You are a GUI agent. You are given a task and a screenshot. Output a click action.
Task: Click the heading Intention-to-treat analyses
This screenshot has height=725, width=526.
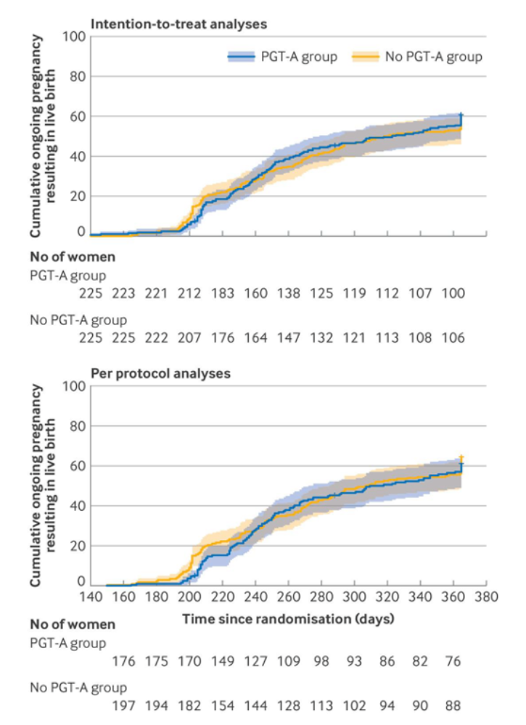tap(178, 23)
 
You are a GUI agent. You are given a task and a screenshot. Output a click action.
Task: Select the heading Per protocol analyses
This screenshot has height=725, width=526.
tap(160, 374)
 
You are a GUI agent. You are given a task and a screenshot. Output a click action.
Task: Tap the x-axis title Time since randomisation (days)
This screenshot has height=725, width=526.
tap(288, 619)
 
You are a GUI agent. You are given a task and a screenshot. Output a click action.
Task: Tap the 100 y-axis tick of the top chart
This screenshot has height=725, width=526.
tap(75, 37)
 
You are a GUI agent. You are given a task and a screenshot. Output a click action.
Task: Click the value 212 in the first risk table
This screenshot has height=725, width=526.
tap(189, 293)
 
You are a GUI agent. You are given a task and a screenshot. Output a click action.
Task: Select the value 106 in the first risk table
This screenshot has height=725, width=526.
tap(451, 337)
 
